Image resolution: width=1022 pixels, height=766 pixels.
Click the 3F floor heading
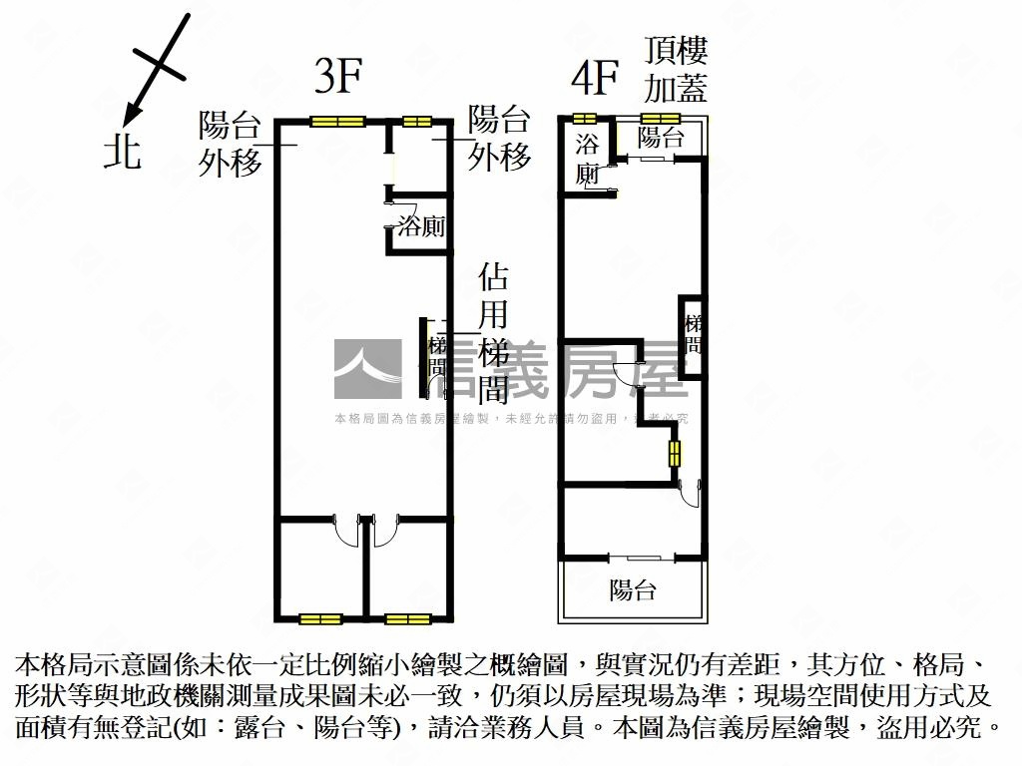click(x=337, y=77)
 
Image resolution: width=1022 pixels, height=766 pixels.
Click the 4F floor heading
click(x=596, y=77)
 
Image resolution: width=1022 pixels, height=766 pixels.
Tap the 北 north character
click(x=123, y=152)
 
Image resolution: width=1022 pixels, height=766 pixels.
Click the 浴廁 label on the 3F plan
click(x=421, y=226)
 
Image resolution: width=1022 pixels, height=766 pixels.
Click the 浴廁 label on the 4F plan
click(x=588, y=159)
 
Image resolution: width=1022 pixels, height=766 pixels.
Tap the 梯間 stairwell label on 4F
click(x=693, y=335)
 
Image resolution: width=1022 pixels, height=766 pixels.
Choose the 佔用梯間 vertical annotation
click(x=494, y=333)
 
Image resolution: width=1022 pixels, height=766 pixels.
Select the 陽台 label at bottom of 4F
click(x=634, y=589)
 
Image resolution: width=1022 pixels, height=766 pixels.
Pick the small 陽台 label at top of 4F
click(x=660, y=137)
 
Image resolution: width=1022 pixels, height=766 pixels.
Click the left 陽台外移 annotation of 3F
click(x=230, y=144)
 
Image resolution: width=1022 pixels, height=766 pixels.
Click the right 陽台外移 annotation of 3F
click(x=499, y=139)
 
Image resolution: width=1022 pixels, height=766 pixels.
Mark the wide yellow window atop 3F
click(x=336, y=122)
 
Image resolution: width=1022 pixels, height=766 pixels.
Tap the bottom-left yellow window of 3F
click(x=321, y=619)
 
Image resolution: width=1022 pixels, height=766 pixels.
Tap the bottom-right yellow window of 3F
click(x=408, y=619)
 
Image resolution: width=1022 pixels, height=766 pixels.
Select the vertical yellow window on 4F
click(x=675, y=453)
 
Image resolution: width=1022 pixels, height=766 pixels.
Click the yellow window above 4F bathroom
click(x=584, y=120)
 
